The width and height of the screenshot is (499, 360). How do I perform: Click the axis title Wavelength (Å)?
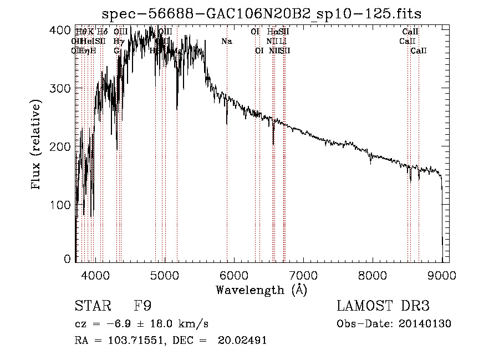point(261,290)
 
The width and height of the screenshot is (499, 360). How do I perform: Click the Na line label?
point(226,42)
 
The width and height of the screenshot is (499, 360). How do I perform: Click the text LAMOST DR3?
point(383,306)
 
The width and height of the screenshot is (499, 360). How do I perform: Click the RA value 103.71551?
point(137,341)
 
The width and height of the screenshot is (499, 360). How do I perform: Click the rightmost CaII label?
point(419,51)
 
